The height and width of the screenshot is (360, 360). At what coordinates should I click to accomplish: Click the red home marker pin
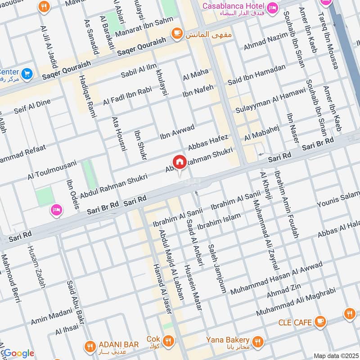pyautogui.click(x=179, y=162)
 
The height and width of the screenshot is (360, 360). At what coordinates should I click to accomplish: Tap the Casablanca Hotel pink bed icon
pyautogui.click(x=272, y=8)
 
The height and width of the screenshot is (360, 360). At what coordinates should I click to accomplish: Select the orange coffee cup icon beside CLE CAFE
pyautogui.click(x=320, y=321)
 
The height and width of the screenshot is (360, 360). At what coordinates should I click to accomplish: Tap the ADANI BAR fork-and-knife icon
pyautogui.click(x=89, y=345)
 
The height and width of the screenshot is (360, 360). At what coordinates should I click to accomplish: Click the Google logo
pyautogui.click(x=18, y=353)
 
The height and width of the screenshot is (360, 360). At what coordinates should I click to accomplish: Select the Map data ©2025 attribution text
pyautogui.click(x=335, y=355)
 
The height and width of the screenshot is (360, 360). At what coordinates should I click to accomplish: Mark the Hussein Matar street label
pyautogui.click(x=195, y=287)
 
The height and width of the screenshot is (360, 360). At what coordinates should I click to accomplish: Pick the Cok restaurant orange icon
pyautogui.click(x=168, y=341)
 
